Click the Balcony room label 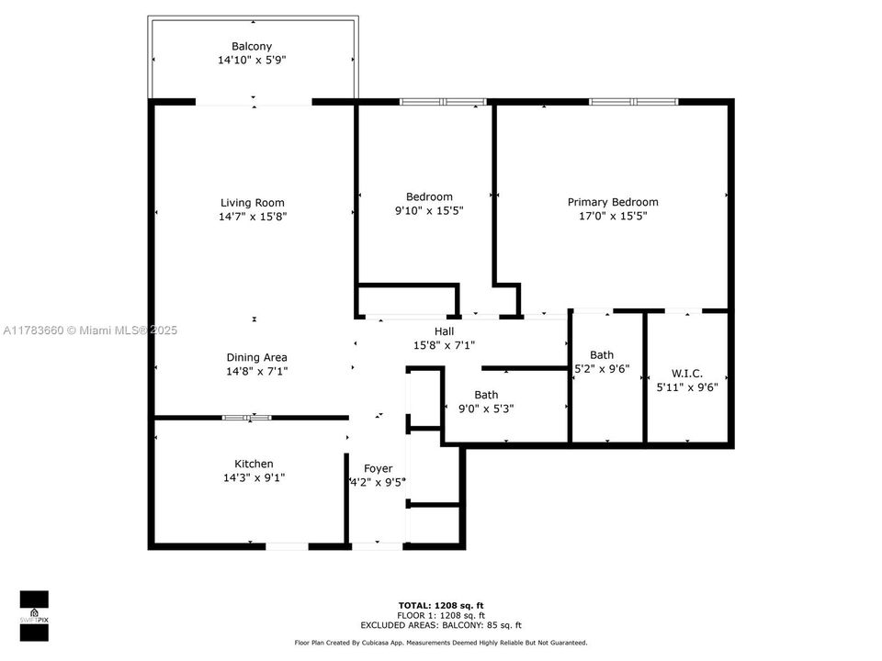[x=251, y=46]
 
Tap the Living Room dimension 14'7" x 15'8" [x=251, y=217]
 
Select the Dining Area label [x=256, y=357]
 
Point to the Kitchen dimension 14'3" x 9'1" [x=253, y=477]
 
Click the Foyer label [x=378, y=468]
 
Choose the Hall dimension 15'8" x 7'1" [x=443, y=344]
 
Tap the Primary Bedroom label [x=612, y=202]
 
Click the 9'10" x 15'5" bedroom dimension [x=429, y=210]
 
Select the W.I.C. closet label [x=687, y=373]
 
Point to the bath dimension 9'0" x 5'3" [x=486, y=409]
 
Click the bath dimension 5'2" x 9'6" [x=602, y=369]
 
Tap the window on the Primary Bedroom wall [x=633, y=101]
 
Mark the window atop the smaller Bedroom [x=443, y=101]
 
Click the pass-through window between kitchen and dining [x=247, y=418]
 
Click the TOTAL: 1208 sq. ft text [x=441, y=606]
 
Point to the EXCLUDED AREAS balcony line [x=441, y=624]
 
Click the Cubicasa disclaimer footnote [x=441, y=643]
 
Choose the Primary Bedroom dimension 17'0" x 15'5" [x=612, y=217]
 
